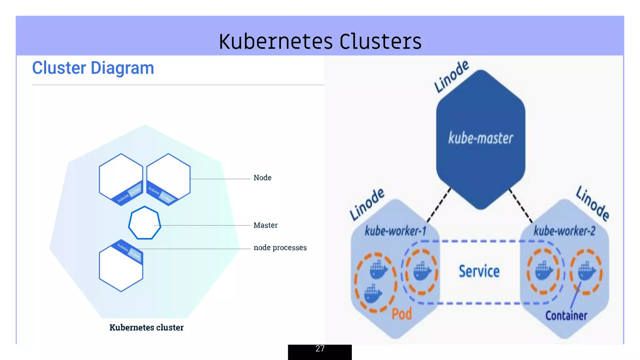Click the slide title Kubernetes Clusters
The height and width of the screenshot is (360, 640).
pyautogui.click(x=320, y=42)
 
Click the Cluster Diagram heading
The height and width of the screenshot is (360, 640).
pyautogui.click(x=93, y=68)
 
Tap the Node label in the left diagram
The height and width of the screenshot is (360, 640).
pyautogui.click(x=262, y=178)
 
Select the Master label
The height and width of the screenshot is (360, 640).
pyautogui.click(x=265, y=225)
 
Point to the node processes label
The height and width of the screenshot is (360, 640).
pyautogui.click(x=280, y=248)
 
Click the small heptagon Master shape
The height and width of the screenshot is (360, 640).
pyautogui.click(x=144, y=223)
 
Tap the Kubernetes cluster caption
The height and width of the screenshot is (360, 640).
pyautogui.click(x=146, y=327)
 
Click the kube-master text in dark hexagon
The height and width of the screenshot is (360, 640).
pyautogui.click(x=481, y=138)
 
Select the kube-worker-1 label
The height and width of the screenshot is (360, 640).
pyautogui.click(x=395, y=231)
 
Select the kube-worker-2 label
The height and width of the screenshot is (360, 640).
pyautogui.click(x=564, y=231)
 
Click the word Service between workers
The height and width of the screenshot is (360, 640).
pyautogui.click(x=479, y=271)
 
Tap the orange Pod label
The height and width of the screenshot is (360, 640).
pyautogui.click(x=402, y=314)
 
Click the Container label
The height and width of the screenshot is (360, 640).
pyautogui.click(x=566, y=316)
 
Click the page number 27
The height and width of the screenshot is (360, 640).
pyautogui.click(x=320, y=349)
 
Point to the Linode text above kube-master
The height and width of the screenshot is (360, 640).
pyautogui.click(x=452, y=77)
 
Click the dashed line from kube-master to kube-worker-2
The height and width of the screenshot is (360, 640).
pyautogui.click(x=521, y=205)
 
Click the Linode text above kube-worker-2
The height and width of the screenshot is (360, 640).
pyautogui.click(x=592, y=203)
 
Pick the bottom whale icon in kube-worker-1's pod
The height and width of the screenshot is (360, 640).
pyautogui.click(x=373, y=294)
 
